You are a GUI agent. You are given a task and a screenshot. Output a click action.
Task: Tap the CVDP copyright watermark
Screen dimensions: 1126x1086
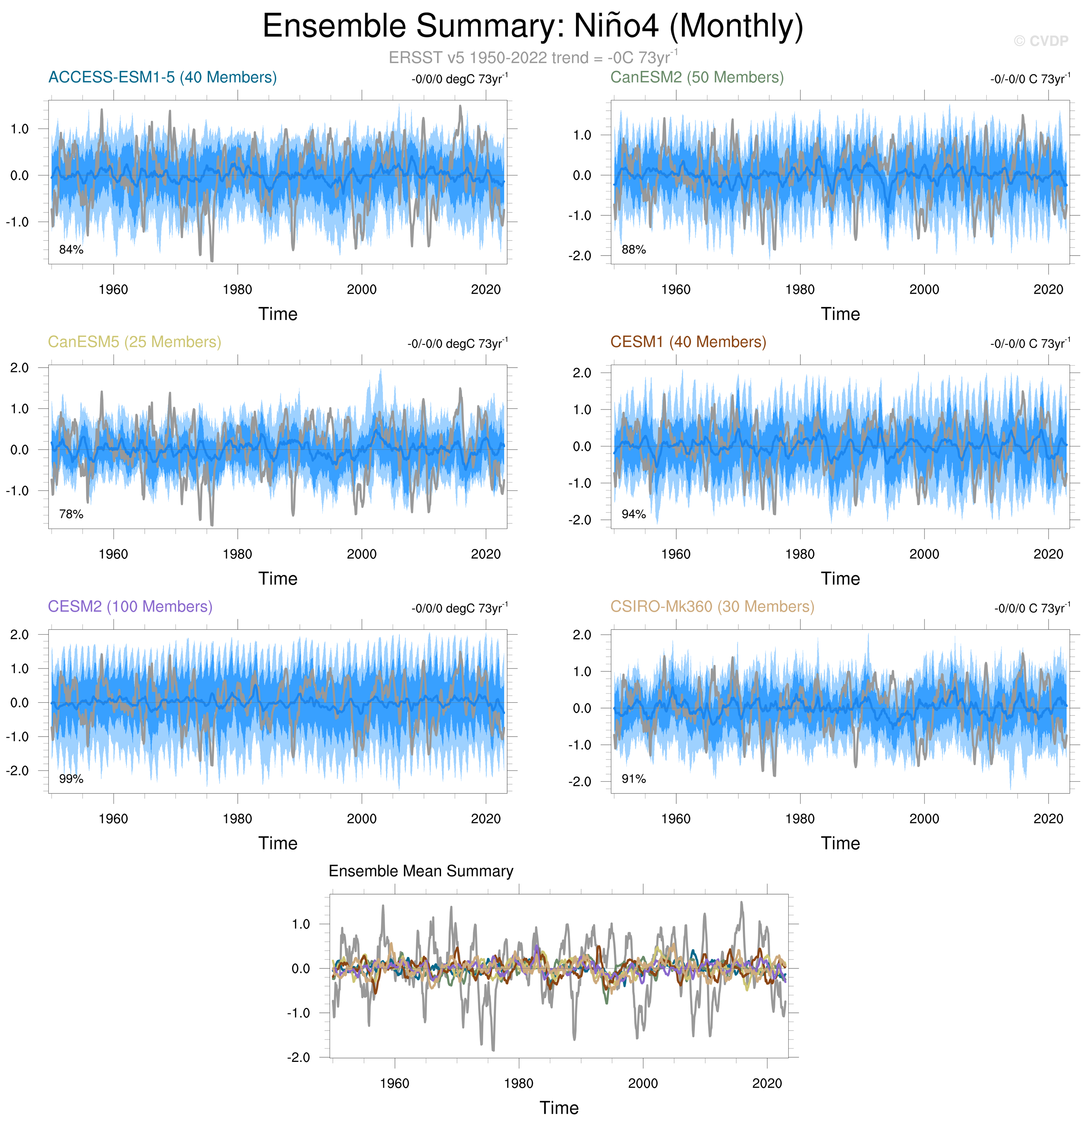pyautogui.click(x=1040, y=41)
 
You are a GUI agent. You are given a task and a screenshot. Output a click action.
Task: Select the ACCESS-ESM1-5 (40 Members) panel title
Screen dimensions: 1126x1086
pyautogui.click(x=162, y=78)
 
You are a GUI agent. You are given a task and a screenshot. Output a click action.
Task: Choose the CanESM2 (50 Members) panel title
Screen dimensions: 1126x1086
pyautogui.click(x=697, y=78)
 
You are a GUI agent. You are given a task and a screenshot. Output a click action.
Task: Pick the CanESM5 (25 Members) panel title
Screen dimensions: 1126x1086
pyautogui.click(x=135, y=342)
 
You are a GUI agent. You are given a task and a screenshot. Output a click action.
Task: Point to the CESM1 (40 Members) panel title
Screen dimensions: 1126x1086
pyautogui.click(x=688, y=342)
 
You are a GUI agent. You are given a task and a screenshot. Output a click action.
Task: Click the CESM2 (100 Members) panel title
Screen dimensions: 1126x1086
pyautogui.click(x=130, y=607)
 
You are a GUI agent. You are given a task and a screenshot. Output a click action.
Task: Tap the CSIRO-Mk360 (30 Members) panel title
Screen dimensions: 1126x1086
pyautogui.click(x=712, y=607)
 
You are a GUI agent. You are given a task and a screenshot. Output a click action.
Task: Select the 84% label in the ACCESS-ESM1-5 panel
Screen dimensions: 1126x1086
pyautogui.click(x=71, y=249)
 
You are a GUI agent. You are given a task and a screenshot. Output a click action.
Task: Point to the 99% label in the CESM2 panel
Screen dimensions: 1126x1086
pyautogui.click(x=71, y=779)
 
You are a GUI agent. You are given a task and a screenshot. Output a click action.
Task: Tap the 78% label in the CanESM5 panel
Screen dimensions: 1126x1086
pyautogui.click(x=71, y=514)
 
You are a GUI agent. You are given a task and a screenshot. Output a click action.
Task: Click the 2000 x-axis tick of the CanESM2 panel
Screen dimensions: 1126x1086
pyautogui.click(x=924, y=290)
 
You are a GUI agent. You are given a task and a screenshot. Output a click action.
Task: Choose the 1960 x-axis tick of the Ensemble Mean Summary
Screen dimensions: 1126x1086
pyautogui.click(x=395, y=1083)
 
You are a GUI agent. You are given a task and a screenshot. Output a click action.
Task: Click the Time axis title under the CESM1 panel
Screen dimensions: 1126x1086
pyautogui.click(x=840, y=579)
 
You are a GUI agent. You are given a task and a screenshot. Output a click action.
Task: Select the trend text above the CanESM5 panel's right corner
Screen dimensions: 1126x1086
pyautogui.click(x=458, y=344)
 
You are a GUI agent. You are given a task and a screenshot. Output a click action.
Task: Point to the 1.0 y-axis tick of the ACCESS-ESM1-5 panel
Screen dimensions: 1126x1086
pyautogui.click(x=19, y=129)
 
